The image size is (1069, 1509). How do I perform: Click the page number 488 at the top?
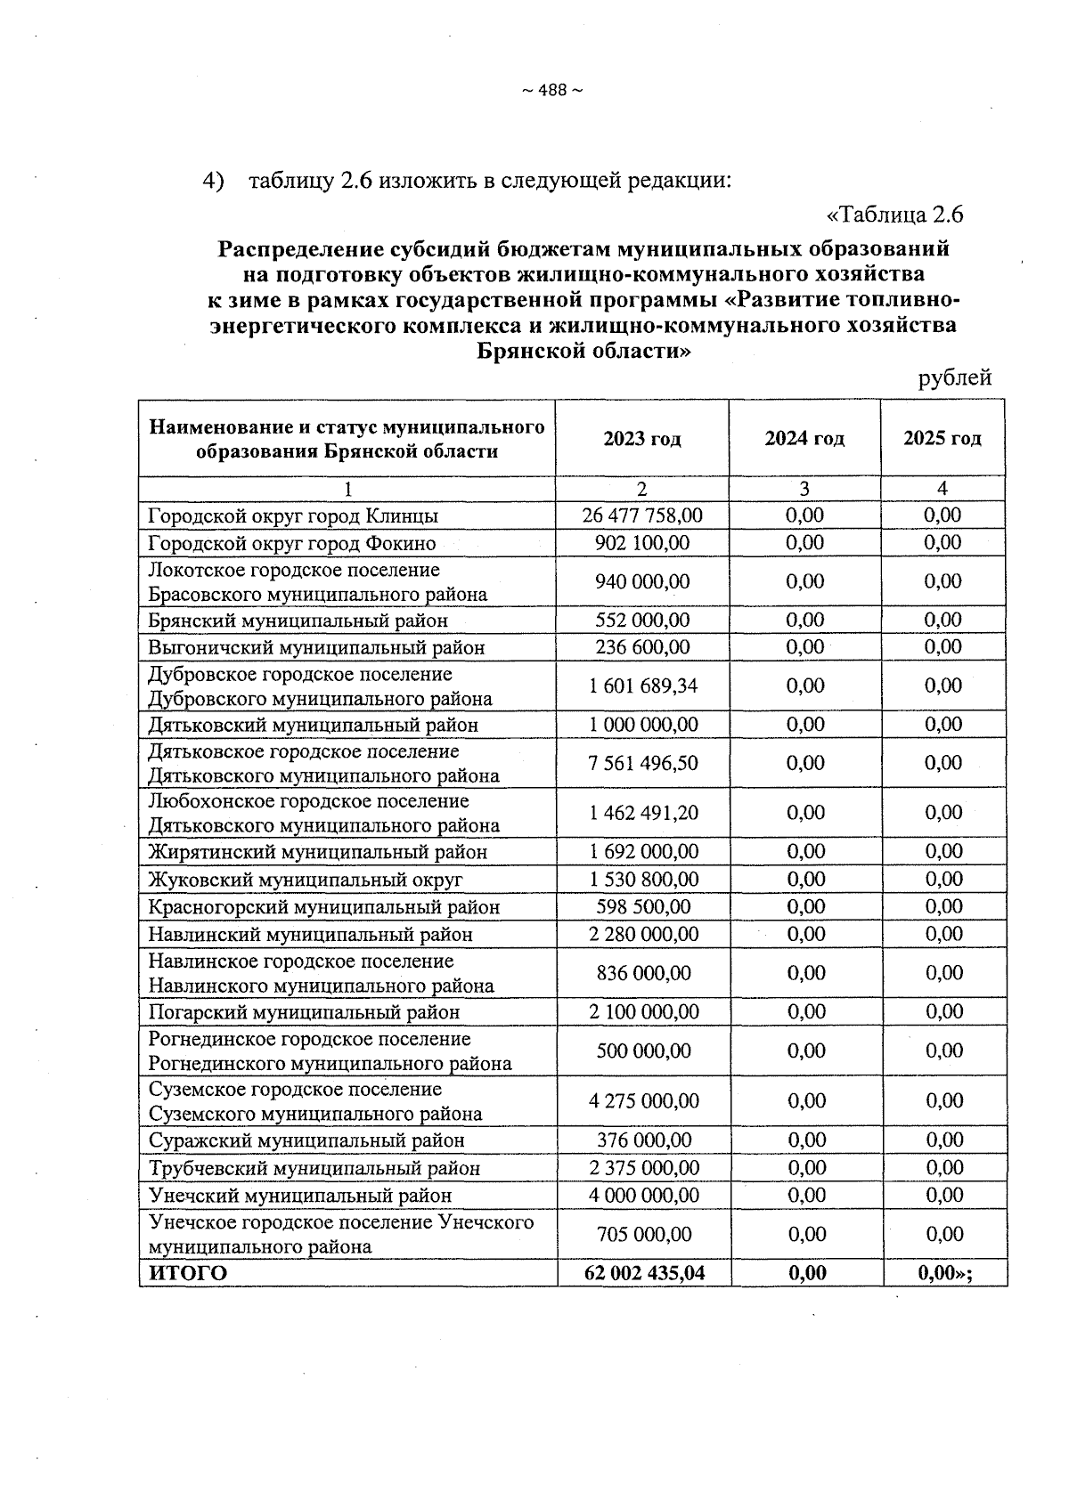coord(551,91)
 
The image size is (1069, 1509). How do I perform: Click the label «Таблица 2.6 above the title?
coord(895,215)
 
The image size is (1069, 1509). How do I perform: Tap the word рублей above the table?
coord(954,378)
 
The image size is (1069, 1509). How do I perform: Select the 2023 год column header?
coord(641,439)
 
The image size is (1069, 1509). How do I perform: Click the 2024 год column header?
coord(804,439)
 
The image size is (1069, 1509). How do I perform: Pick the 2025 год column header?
coord(943,439)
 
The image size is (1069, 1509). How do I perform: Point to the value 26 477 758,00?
coord(642,515)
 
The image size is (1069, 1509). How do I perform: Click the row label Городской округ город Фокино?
coord(292,543)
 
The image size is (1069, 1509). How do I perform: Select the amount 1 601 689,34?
coord(643,686)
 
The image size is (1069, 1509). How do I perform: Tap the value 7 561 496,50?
coord(643,763)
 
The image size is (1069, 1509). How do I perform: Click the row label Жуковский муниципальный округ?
coord(306,880)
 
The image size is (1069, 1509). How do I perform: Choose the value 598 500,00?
coord(643,907)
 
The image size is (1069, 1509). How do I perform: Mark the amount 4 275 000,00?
coord(643,1101)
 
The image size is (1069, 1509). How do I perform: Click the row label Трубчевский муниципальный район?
coord(314,1168)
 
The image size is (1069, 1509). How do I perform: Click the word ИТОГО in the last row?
coord(188,1273)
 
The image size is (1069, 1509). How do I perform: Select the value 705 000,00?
coord(643,1234)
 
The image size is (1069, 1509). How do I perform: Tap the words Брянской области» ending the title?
coord(583,351)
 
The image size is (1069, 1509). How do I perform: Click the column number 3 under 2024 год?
coord(804,489)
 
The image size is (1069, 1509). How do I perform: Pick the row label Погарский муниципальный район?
coord(304,1012)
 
